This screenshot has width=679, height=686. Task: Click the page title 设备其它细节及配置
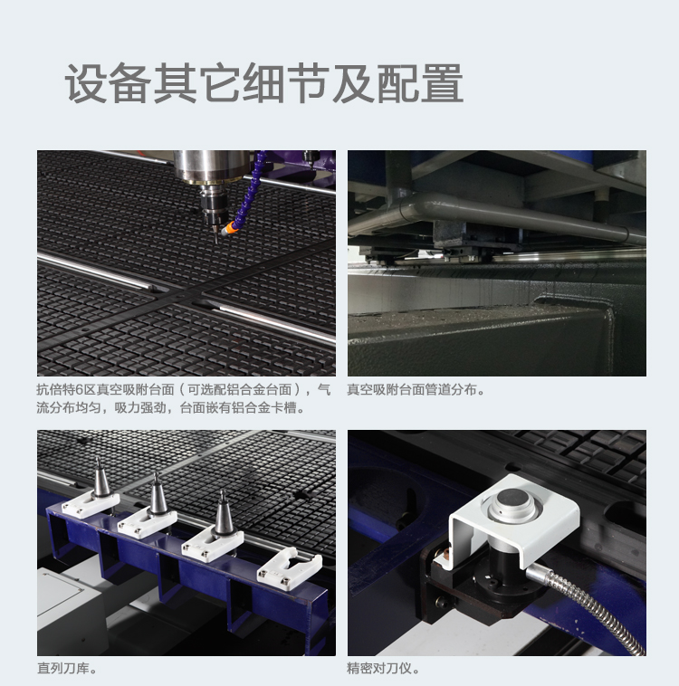(x=264, y=83)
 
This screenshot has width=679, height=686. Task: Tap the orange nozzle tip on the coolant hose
(x=228, y=228)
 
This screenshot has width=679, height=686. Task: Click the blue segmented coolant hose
(x=250, y=189)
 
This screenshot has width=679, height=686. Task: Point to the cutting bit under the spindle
(x=215, y=235)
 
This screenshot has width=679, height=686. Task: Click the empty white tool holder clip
(x=289, y=571)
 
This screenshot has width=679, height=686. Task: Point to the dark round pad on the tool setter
(x=512, y=499)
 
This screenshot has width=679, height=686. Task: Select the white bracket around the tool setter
(x=513, y=520)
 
